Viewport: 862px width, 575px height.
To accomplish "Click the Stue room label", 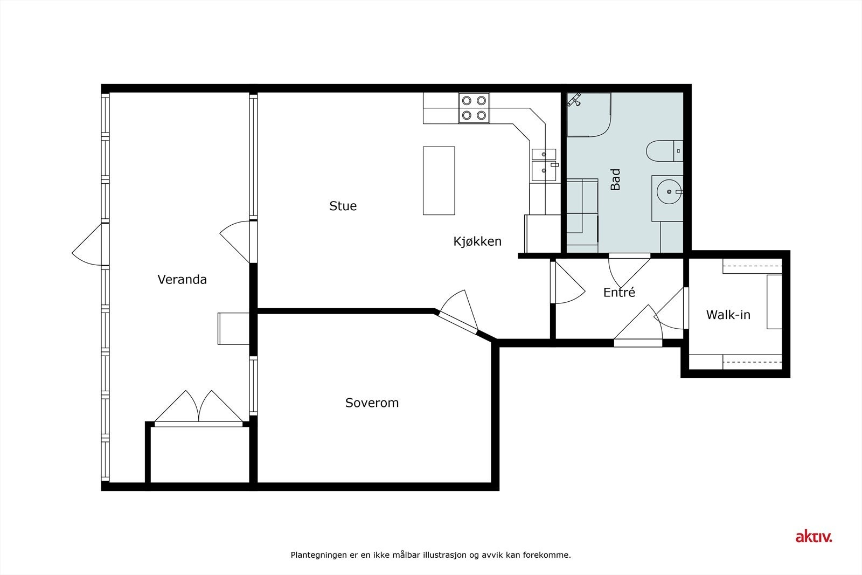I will point(343,206).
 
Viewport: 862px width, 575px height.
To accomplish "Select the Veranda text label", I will point(182,280).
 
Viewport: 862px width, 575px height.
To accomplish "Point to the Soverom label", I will point(372,403).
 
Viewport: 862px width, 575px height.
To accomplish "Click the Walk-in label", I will point(728,315).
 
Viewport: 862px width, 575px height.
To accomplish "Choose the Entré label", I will point(618,293).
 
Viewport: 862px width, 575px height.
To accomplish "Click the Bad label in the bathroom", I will point(615,179).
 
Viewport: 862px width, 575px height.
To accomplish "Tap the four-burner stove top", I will point(474,107).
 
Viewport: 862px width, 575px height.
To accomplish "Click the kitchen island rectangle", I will point(439,181).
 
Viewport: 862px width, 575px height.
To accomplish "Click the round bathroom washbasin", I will point(668,191).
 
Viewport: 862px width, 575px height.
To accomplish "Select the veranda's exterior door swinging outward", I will point(88,245).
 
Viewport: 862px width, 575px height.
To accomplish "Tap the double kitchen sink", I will point(543,164).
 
